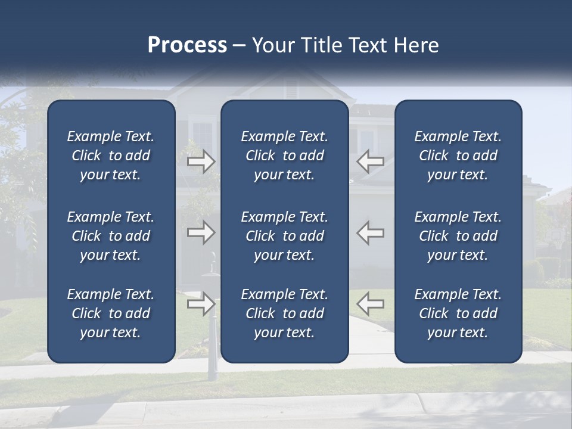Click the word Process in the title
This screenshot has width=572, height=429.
click(187, 45)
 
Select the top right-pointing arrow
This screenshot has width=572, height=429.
click(201, 161)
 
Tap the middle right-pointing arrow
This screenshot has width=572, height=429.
click(201, 232)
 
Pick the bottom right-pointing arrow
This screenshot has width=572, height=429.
click(201, 304)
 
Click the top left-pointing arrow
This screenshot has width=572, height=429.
click(371, 161)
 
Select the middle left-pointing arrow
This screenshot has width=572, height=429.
click(371, 232)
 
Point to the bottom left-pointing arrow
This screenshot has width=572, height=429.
click(371, 304)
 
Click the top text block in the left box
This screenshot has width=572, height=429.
click(111, 156)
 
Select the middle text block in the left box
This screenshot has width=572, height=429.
click(111, 236)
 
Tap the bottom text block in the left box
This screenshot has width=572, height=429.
click(111, 313)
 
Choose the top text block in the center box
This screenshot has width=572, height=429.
click(284, 156)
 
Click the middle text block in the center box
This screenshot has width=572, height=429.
click(284, 236)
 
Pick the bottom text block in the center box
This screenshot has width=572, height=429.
click(284, 313)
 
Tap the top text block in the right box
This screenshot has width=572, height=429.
click(458, 156)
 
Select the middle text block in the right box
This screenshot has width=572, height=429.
click(458, 236)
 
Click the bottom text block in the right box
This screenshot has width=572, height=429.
click(458, 313)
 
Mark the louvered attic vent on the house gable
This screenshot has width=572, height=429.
click(291, 90)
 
